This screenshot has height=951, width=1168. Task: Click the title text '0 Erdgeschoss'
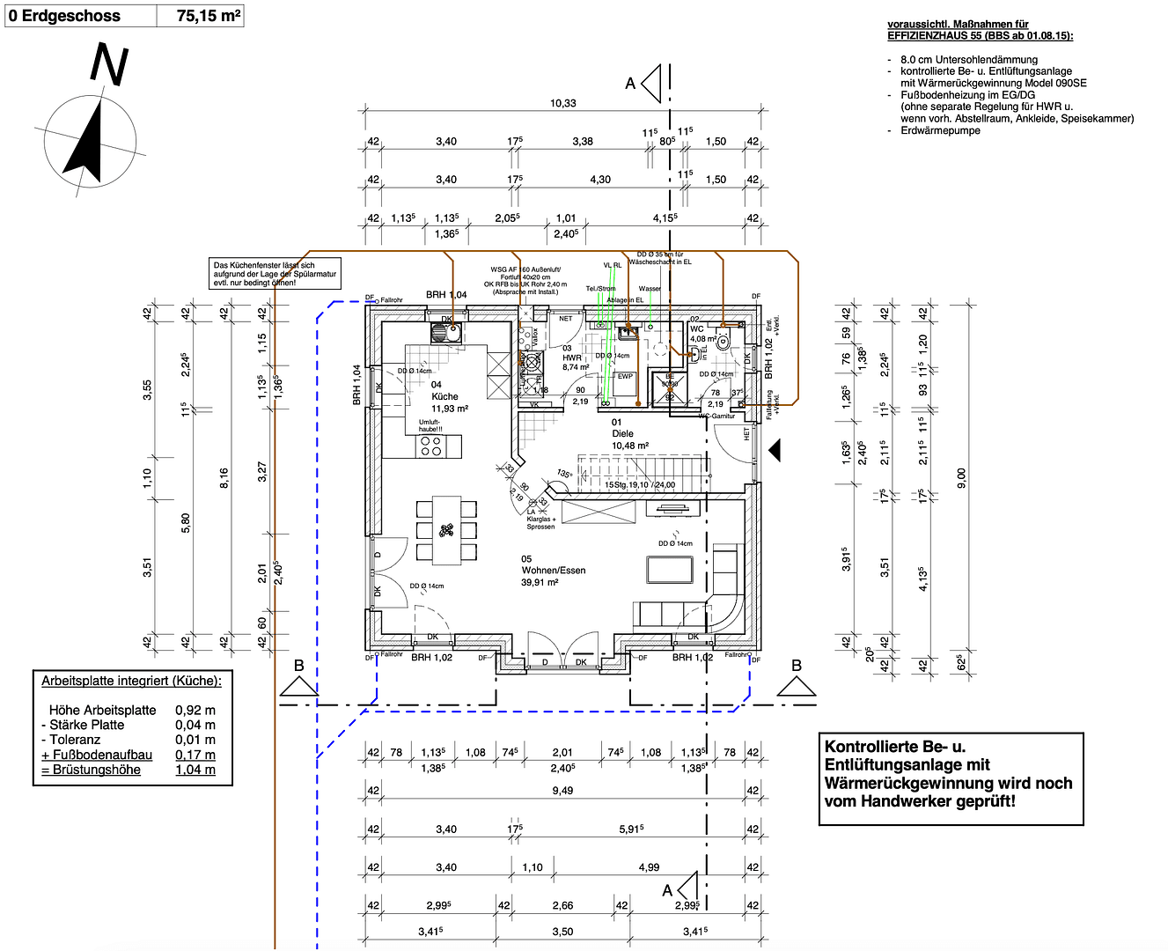click(64, 16)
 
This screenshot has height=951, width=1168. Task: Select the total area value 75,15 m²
click(208, 16)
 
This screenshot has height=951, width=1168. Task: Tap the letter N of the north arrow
click(109, 66)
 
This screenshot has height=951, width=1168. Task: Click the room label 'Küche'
click(444, 396)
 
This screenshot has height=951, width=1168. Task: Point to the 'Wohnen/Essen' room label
click(553, 570)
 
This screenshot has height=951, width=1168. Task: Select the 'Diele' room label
click(622, 433)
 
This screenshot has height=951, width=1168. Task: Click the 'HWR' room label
click(572, 358)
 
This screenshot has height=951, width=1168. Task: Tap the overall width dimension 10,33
click(563, 103)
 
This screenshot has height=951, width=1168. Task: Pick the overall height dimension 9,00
click(961, 478)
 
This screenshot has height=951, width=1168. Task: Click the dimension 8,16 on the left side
click(224, 478)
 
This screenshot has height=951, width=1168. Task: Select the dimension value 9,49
click(562, 790)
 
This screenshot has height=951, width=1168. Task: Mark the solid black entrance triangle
click(775, 451)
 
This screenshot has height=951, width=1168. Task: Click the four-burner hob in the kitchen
click(431, 446)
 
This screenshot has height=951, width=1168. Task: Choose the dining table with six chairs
click(446, 530)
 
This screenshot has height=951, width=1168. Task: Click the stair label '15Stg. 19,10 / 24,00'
click(640, 484)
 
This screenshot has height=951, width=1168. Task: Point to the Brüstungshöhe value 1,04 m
click(195, 770)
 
